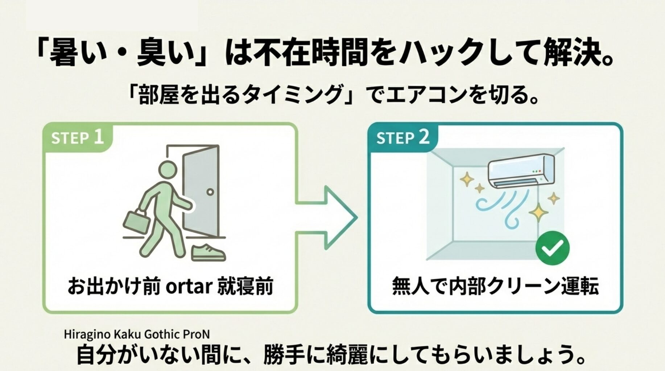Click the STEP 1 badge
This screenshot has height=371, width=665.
(x=77, y=138)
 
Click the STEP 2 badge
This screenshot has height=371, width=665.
(x=402, y=138)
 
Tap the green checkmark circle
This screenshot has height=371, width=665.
(x=552, y=248)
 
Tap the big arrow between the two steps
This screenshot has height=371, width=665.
(x=328, y=217)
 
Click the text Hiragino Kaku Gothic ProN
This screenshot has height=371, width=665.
(x=137, y=334)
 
